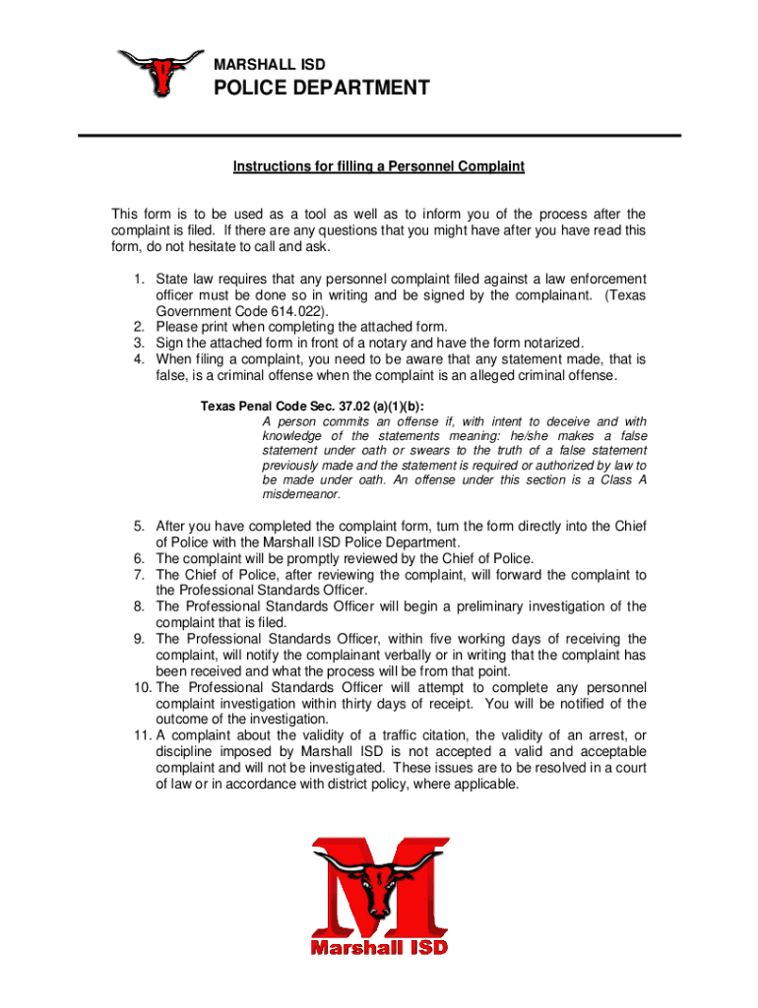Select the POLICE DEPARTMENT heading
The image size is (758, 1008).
pos(322,89)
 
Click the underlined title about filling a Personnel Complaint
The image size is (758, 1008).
pos(379,167)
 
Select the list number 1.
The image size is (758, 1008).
pos(139,280)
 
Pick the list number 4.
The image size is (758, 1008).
pos(139,359)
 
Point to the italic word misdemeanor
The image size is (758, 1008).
pos(301,495)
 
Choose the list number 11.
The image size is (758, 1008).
pos(140,735)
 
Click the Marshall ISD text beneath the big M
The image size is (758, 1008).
pos(379,947)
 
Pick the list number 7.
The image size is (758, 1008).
pos(139,575)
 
